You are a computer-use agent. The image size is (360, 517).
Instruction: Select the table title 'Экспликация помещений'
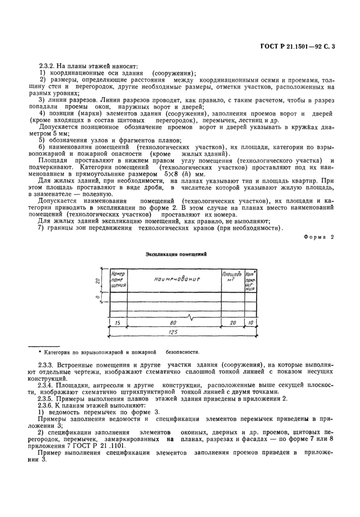[176, 254]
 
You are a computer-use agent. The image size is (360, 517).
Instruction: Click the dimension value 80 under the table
[165, 323]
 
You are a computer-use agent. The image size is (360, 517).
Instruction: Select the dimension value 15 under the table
[118, 323]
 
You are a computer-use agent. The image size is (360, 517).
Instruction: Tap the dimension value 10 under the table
[250, 323]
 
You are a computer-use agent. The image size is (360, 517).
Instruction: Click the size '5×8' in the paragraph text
[170, 174]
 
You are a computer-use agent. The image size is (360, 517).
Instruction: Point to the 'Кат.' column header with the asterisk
[250, 280]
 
